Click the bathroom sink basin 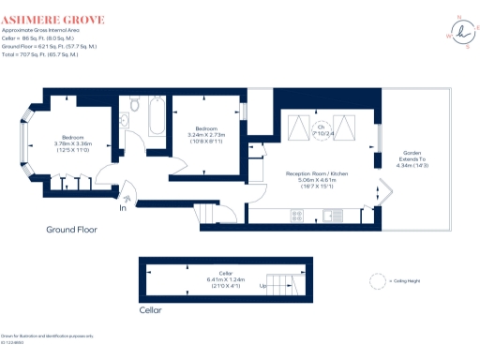click(x=125, y=120)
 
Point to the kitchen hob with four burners click(x=297, y=215)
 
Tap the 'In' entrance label click(x=122, y=208)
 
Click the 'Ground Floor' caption click(x=72, y=229)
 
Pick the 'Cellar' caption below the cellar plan click(x=150, y=309)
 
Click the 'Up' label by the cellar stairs click(x=263, y=286)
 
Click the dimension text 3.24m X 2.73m click(x=209, y=135)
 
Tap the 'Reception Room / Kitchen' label click(x=318, y=174)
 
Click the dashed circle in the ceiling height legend click(x=378, y=279)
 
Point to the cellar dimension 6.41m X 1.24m click(x=225, y=279)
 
